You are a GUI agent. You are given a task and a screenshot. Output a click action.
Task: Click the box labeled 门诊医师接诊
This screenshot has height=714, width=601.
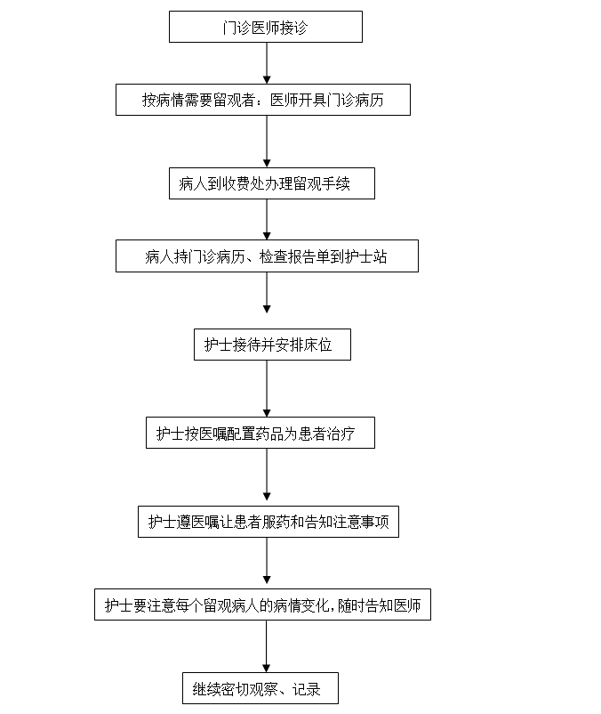[x=266, y=27]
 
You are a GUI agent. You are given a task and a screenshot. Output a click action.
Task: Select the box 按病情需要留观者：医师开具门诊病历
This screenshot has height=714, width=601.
[x=263, y=100]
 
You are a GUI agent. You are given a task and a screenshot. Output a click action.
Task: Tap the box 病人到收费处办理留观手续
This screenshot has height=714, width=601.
[x=272, y=183]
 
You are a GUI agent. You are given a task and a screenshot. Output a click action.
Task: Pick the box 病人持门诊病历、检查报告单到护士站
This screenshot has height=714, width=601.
[x=267, y=256]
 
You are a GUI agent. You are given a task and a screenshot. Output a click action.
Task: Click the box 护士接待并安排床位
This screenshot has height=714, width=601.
[x=272, y=345]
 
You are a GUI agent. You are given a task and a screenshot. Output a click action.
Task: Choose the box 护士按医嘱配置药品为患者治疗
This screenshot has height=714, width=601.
[x=260, y=433]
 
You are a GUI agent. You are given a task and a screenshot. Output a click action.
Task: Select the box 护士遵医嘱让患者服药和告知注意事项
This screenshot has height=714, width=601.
[x=268, y=522]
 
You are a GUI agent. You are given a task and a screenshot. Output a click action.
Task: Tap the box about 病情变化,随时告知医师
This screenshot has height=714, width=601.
[x=262, y=604]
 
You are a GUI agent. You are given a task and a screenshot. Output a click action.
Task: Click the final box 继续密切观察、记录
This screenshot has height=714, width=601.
[x=260, y=688]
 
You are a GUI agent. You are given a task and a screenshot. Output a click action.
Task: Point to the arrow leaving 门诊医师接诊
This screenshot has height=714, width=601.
[x=267, y=63]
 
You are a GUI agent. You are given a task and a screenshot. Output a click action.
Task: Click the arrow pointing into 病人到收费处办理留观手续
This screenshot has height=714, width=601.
[x=267, y=142]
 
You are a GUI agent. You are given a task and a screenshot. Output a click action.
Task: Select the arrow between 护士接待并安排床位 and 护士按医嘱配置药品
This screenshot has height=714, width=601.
[x=267, y=388]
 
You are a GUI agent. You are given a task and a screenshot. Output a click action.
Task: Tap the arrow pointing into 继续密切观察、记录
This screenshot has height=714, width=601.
[x=267, y=646]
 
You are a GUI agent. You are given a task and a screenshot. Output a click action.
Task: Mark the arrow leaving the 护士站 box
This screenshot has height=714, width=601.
[x=267, y=293]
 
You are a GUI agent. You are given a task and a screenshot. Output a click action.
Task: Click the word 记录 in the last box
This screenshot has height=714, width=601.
[x=307, y=689]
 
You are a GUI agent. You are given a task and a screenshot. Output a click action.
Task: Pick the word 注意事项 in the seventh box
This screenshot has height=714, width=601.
[x=361, y=522]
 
